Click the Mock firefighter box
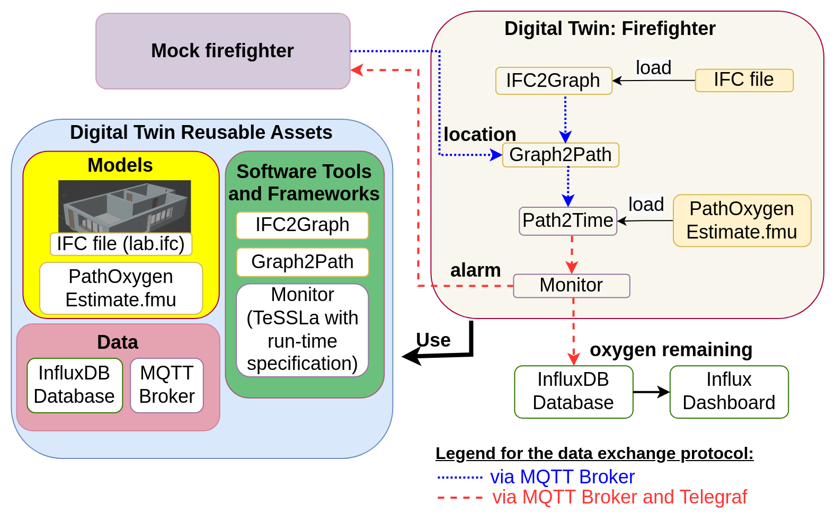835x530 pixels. coord(223,51)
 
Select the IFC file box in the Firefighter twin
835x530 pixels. coord(744,80)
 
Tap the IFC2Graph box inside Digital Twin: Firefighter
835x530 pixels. coord(553,81)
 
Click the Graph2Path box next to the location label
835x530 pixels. coord(560,155)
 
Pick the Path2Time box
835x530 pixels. coord(567,220)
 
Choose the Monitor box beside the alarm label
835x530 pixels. coord(571,286)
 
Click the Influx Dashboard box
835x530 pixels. coord(729,392)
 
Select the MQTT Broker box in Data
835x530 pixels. coord(166,385)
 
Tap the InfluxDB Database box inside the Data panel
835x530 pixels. coord(74,385)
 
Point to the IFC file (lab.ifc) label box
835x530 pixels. coord(121,244)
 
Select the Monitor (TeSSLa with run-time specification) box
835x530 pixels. coord(302,330)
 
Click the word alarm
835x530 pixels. coord(475,271)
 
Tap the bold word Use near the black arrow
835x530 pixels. coord(433,340)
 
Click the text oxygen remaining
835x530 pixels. coord(671,350)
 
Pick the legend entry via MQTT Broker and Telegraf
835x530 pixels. coord(619,497)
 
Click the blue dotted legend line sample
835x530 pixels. coord(459,478)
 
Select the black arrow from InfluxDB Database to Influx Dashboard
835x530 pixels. coord(651,392)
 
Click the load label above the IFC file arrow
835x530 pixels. coord(653,68)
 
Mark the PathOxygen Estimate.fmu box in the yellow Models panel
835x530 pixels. coord(121,288)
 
